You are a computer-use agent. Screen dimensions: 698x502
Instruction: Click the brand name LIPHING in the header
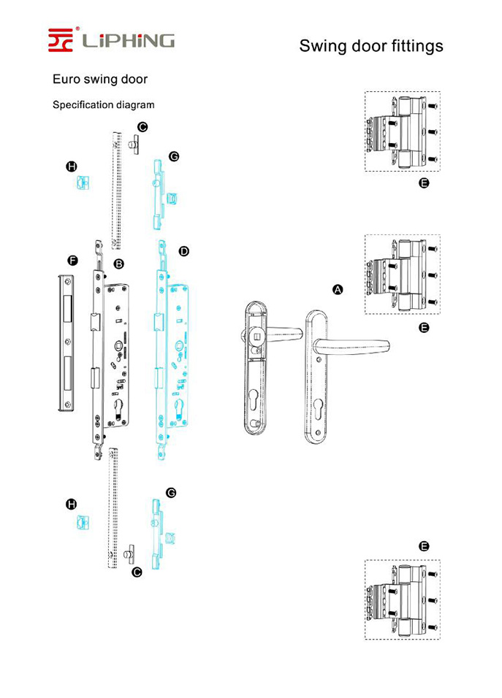click(x=128, y=40)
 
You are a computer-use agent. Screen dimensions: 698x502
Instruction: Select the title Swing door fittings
click(x=370, y=46)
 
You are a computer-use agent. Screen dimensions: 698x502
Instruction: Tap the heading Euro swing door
click(x=99, y=79)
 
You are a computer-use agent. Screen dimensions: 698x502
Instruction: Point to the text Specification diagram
click(x=103, y=104)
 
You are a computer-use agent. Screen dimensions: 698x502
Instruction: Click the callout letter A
click(x=338, y=290)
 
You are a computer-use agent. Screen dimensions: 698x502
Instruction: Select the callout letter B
click(x=119, y=263)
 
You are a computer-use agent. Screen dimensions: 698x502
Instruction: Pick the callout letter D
click(x=183, y=251)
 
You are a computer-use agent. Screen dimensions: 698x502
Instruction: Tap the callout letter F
click(x=72, y=260)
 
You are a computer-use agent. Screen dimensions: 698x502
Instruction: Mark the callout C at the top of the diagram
click(x=142, y=127)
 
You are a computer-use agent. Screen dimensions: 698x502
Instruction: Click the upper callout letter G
click(x=174, y=156)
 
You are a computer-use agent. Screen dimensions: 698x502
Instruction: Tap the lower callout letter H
click(x=72, y=504)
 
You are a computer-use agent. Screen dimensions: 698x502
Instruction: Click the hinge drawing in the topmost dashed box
click(x=403, y=132)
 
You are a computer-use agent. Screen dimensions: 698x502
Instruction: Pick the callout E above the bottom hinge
click(x=424, y=546)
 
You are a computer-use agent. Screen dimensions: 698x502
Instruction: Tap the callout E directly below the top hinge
click(x=424, y=183)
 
